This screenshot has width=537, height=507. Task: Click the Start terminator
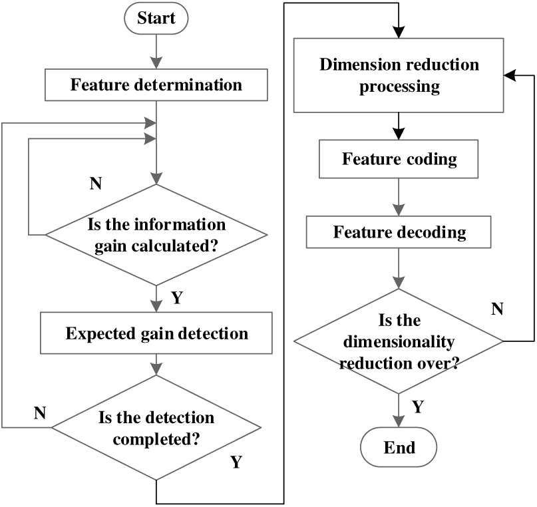pos(156,18)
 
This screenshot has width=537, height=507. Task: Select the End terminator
pos(399,446)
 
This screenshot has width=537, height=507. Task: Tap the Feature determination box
pos(156,85)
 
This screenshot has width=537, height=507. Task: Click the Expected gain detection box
pos(156,333)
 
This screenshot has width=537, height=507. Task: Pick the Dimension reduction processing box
pos(399,76)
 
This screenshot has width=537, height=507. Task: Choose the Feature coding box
pos(399,160)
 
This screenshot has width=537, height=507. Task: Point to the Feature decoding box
pos(399,233)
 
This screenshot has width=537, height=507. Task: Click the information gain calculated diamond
pos(156,234)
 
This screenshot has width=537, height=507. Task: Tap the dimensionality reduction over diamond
pos(399,342)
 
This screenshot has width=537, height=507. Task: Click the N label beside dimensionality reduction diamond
pos(496,309)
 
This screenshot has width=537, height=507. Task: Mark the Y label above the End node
pos(417,407)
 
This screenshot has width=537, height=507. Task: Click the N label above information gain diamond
pos(96,184)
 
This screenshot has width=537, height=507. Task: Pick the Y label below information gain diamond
pos(176,298)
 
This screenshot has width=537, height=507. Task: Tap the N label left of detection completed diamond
pos(41,413)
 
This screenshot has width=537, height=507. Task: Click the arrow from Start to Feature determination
pos(156,51)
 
